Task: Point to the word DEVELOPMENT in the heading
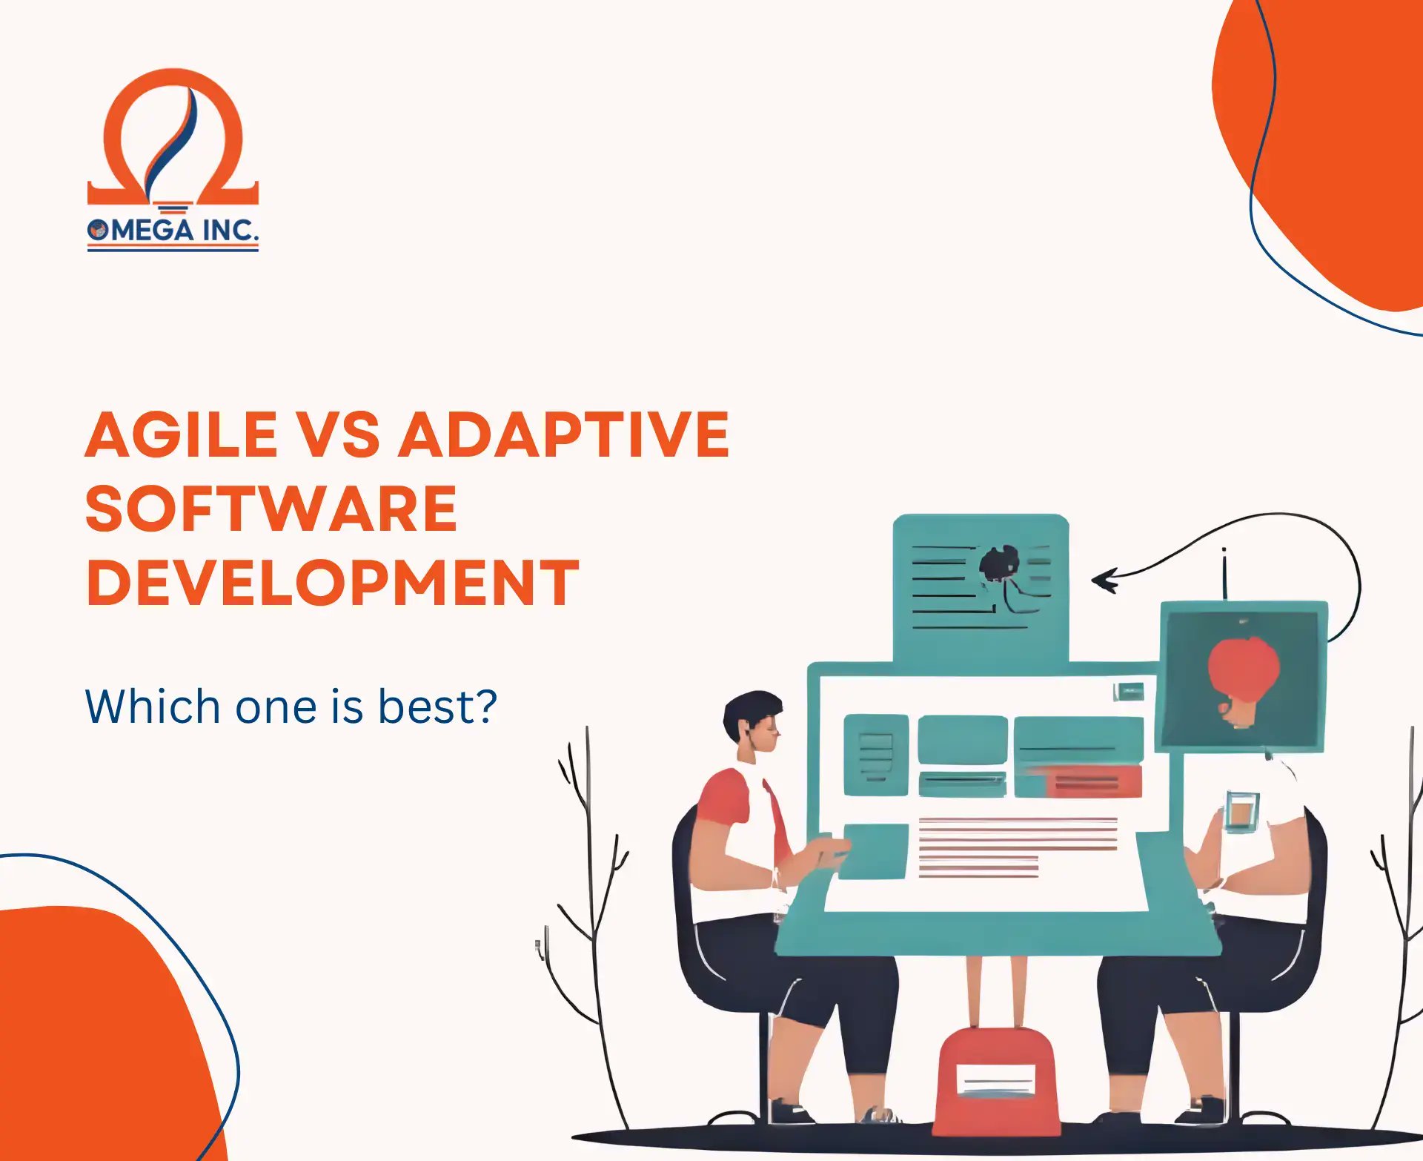332,583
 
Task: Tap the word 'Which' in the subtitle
152,707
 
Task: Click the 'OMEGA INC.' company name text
173,230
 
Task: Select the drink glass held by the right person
1240,810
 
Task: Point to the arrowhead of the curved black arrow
1104,580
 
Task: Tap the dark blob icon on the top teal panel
998,564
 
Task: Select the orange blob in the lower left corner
89,1038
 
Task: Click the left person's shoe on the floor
789,1112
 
